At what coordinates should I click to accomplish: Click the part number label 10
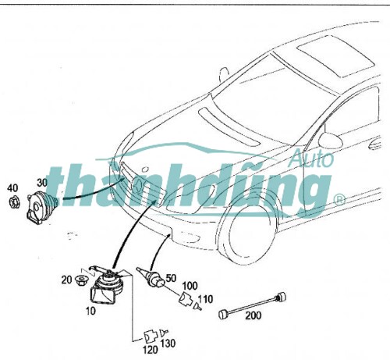90,311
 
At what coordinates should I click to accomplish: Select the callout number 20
66,280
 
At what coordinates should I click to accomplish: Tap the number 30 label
42,183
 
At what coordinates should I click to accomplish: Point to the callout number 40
12,187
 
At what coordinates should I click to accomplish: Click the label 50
171,278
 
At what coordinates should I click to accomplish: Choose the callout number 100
190,286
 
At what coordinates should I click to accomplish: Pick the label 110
206,299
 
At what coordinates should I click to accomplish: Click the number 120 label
150,350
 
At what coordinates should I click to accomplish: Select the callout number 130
168,344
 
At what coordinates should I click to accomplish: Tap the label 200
253,315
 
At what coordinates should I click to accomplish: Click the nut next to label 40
14,202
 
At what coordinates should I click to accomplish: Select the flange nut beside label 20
81,280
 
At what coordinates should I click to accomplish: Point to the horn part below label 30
41,207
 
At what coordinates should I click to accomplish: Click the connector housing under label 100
186,299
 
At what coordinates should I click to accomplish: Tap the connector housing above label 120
151,337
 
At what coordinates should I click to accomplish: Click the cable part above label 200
253,305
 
